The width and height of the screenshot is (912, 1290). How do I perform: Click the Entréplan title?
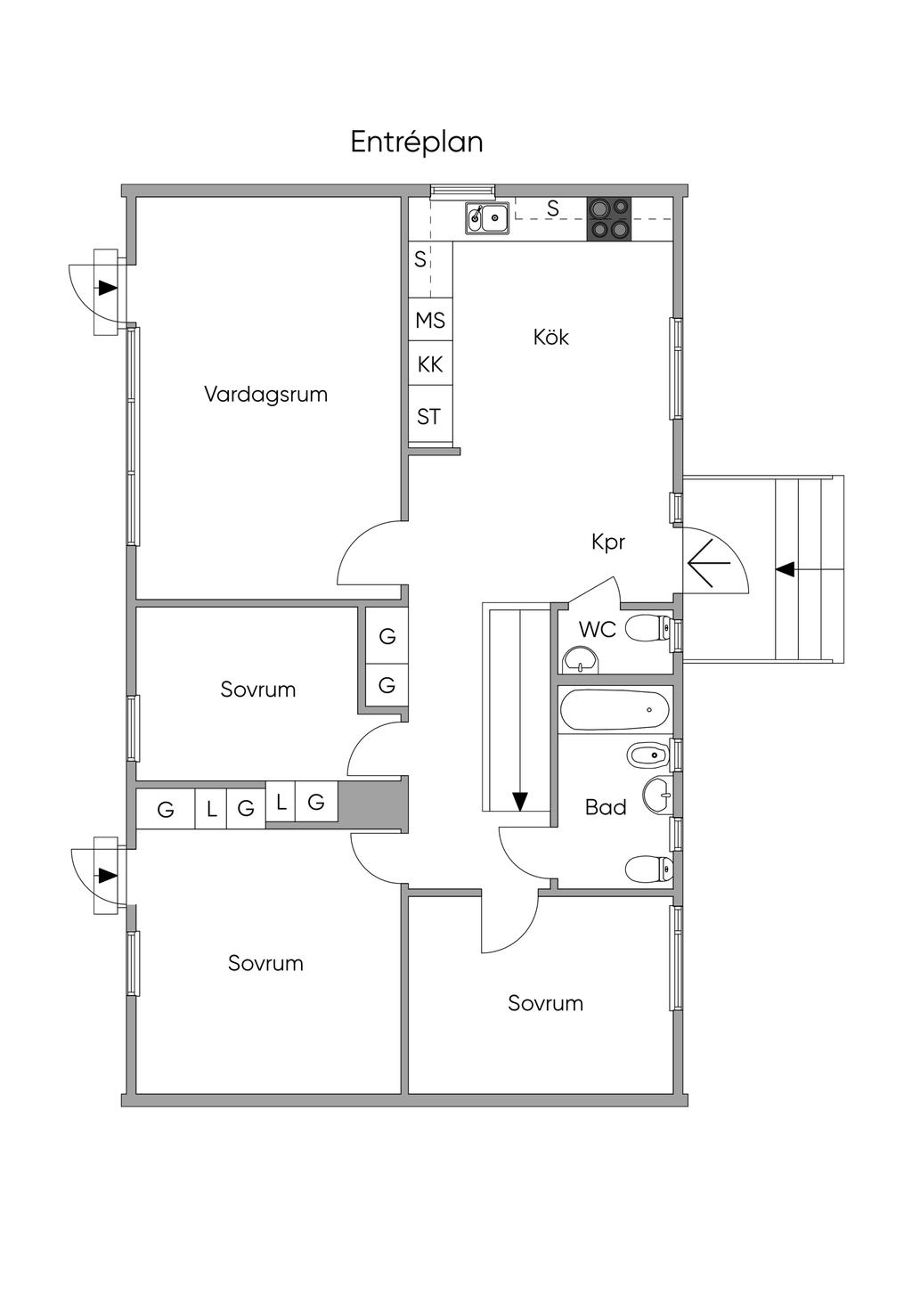[416, 143]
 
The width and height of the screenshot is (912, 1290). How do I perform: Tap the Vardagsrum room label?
[265, 394]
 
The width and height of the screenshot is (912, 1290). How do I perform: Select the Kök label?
[550, 337]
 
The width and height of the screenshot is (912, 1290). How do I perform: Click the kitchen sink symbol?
[486, 217]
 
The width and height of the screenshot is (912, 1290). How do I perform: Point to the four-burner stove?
[608, 218]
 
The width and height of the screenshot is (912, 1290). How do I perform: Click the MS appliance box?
[430, 320]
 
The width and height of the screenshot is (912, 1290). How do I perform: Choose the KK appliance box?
[430, 364]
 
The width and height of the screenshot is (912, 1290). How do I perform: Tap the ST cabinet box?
[429, 416]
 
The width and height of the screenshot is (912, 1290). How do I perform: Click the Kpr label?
[608, 542]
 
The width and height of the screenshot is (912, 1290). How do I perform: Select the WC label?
[597, 629]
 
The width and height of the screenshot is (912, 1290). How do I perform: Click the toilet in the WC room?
[649, 629]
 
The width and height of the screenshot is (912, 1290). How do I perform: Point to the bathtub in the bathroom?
[615, 710]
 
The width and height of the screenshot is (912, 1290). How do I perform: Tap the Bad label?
[606, 807]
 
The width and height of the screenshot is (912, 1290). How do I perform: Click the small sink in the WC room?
[581, 660]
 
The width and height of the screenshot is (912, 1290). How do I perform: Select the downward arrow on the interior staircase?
[519, 801]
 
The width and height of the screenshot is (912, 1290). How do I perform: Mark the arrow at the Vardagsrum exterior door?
[108, 288]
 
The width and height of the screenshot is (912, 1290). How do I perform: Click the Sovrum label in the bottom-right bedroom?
[545, 1003]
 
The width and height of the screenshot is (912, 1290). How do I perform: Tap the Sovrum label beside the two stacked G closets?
[257, 690]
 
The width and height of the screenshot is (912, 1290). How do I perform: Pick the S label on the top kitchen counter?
[553, 208]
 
